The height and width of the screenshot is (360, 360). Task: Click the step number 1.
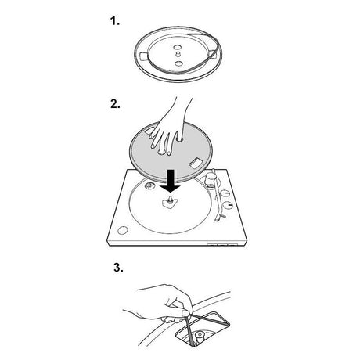click(x=115, y=20)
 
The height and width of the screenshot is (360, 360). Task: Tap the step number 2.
click(x=115, y=104)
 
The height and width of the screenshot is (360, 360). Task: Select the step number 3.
click(x=118, y=268)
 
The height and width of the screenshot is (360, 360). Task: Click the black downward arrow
click(x=171, y=181)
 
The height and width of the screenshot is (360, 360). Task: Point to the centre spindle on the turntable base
click(x=170, y=200)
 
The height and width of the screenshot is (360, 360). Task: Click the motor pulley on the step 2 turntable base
click(x=149, y=185)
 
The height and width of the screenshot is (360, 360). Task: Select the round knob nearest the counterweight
click(x=225, y=194)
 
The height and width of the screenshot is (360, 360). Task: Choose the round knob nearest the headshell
click(x=228, y=206)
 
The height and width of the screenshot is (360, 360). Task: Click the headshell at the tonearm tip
click(x=218, y=218)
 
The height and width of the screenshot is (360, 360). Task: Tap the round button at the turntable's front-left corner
click(x=123, y=230)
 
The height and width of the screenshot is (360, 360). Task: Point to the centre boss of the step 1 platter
click(x=178, y=54)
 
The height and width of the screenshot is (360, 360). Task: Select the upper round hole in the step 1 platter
click(x=177, y=48)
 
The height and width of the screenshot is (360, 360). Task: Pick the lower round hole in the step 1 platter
click(x=179, y=63)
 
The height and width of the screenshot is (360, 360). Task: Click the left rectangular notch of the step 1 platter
click(x=145, y=56)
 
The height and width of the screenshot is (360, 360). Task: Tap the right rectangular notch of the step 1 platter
click(x=211, y=53)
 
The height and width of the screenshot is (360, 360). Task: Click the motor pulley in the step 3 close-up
click(x=200, y=336)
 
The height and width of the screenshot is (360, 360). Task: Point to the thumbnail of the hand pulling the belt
click(x=186, y=313)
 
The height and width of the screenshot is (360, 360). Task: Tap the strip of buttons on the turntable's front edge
click(x=222, y=245)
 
